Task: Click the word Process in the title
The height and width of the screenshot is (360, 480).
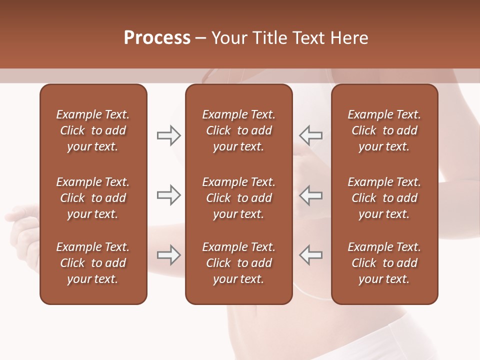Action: pyautogui.click(x=157, y=38)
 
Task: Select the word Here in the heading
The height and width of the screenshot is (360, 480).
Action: pyautogui.click(x=349, y=38)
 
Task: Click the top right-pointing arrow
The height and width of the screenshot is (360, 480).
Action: pyautogui.click(x=168, y=135)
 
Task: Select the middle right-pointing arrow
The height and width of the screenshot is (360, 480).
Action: pyautogui.click(x=168, y=195)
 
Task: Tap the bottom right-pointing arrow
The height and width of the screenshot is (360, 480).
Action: pyautogui.click(x=168, y=255)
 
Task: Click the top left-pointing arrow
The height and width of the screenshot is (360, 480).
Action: pyautogui.click(x=310, y=135)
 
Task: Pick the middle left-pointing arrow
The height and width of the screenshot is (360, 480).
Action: pyautogui.click(x=310, y=195)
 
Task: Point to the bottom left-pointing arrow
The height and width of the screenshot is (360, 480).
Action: pyautogui.click(x=310, y=255)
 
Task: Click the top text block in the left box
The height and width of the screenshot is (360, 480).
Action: pyautogui.click(x=93, y=130)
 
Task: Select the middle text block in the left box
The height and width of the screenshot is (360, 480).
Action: pyautogui.click(x=93, y=198)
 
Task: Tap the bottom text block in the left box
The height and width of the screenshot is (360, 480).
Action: pyautogui.click(x=93, y=263)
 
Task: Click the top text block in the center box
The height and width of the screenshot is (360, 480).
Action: pyautogui.click(x=238, y=130)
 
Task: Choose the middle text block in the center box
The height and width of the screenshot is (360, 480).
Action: pyautogui.click(x=238, y=198)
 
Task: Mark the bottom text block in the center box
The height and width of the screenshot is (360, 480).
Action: pyautogui.click(x=238, y=263)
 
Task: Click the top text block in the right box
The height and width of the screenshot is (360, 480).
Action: pyautogui.click(x=384, y=130)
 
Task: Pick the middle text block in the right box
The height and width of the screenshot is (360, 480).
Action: pyautogui.click(x=384, y=198)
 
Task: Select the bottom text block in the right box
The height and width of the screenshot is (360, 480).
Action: pyautogui.click(x=384, y=263)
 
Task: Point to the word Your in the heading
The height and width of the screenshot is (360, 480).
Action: pyautogui.click(x=228, y=38)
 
